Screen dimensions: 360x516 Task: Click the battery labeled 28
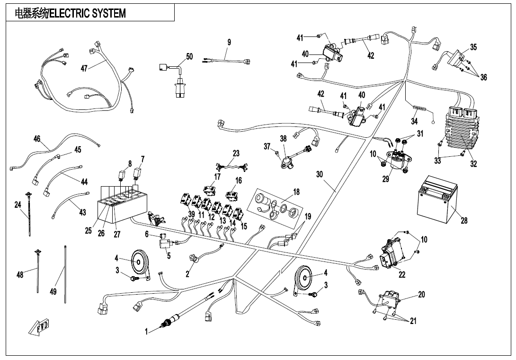point(437,202)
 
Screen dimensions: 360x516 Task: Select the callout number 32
point(473,164)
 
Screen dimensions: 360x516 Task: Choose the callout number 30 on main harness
point(320,174)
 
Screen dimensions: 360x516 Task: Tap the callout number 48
point(20,275)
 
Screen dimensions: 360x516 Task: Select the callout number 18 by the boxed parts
point(296,192)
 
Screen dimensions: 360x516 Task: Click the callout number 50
point(189,56)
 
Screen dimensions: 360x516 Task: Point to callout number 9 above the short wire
point(229,42)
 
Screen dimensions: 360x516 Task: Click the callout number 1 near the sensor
point(147,332)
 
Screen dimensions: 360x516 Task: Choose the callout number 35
point(473,47)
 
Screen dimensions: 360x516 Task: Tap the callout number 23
point(236,153)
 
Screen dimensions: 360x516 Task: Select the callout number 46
point(37,139)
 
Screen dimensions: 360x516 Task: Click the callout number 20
point(421,294)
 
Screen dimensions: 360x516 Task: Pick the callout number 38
point(283,139)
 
